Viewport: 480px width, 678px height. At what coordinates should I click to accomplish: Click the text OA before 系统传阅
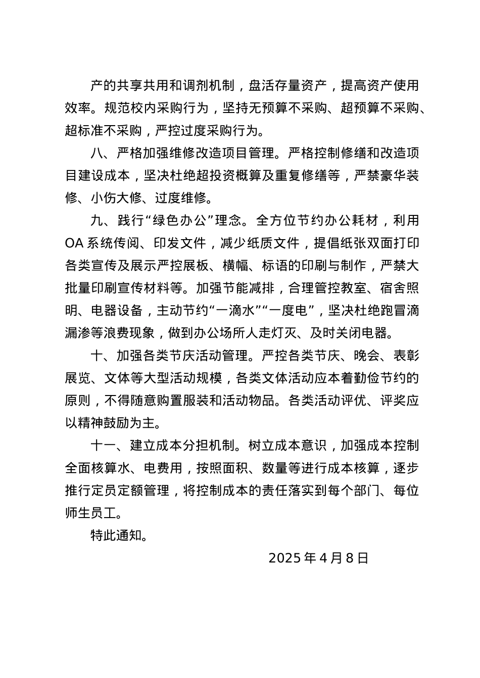coord(74,243)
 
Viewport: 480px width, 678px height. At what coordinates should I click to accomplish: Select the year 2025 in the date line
coord(285,558)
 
